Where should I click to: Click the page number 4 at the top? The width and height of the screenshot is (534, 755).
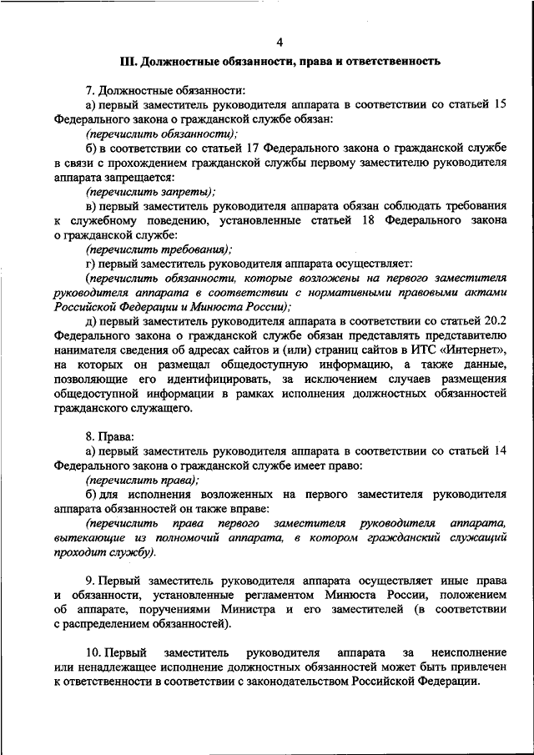point(280,42)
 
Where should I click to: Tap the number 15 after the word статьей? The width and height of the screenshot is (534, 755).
point(498,104)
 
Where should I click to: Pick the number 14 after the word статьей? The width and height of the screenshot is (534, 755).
point(498,451)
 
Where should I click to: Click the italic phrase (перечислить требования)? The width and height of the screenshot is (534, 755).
point(159,249)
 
